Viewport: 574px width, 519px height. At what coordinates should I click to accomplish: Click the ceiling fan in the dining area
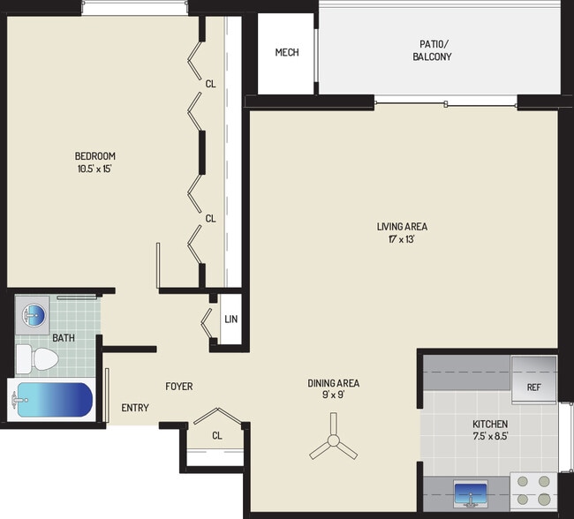point(333,446)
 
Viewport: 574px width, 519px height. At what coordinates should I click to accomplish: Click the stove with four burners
point(533,491)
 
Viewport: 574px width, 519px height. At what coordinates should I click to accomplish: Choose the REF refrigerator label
point(533,387)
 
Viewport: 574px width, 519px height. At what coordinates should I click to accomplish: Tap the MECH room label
point(287,53)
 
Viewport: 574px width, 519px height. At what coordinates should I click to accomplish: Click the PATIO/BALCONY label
point(432,50)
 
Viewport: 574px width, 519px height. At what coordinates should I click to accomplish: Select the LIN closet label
point(230,320)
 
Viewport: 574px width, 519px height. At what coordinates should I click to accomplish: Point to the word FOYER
point(178,387)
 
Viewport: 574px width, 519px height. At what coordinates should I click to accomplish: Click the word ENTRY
point(135,408)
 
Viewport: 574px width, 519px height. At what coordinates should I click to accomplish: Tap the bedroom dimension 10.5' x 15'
point(94,170)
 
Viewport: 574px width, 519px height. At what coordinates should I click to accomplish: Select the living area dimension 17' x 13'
point(402,239)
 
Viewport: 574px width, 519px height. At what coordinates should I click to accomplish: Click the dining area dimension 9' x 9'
point(333,395)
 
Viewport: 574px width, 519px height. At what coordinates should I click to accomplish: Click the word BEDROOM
point(94,157)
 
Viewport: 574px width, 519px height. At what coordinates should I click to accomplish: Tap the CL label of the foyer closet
point(217,435)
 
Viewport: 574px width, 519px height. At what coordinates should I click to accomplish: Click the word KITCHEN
point(489,424)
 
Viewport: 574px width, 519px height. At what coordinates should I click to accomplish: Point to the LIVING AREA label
point(402,227)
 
